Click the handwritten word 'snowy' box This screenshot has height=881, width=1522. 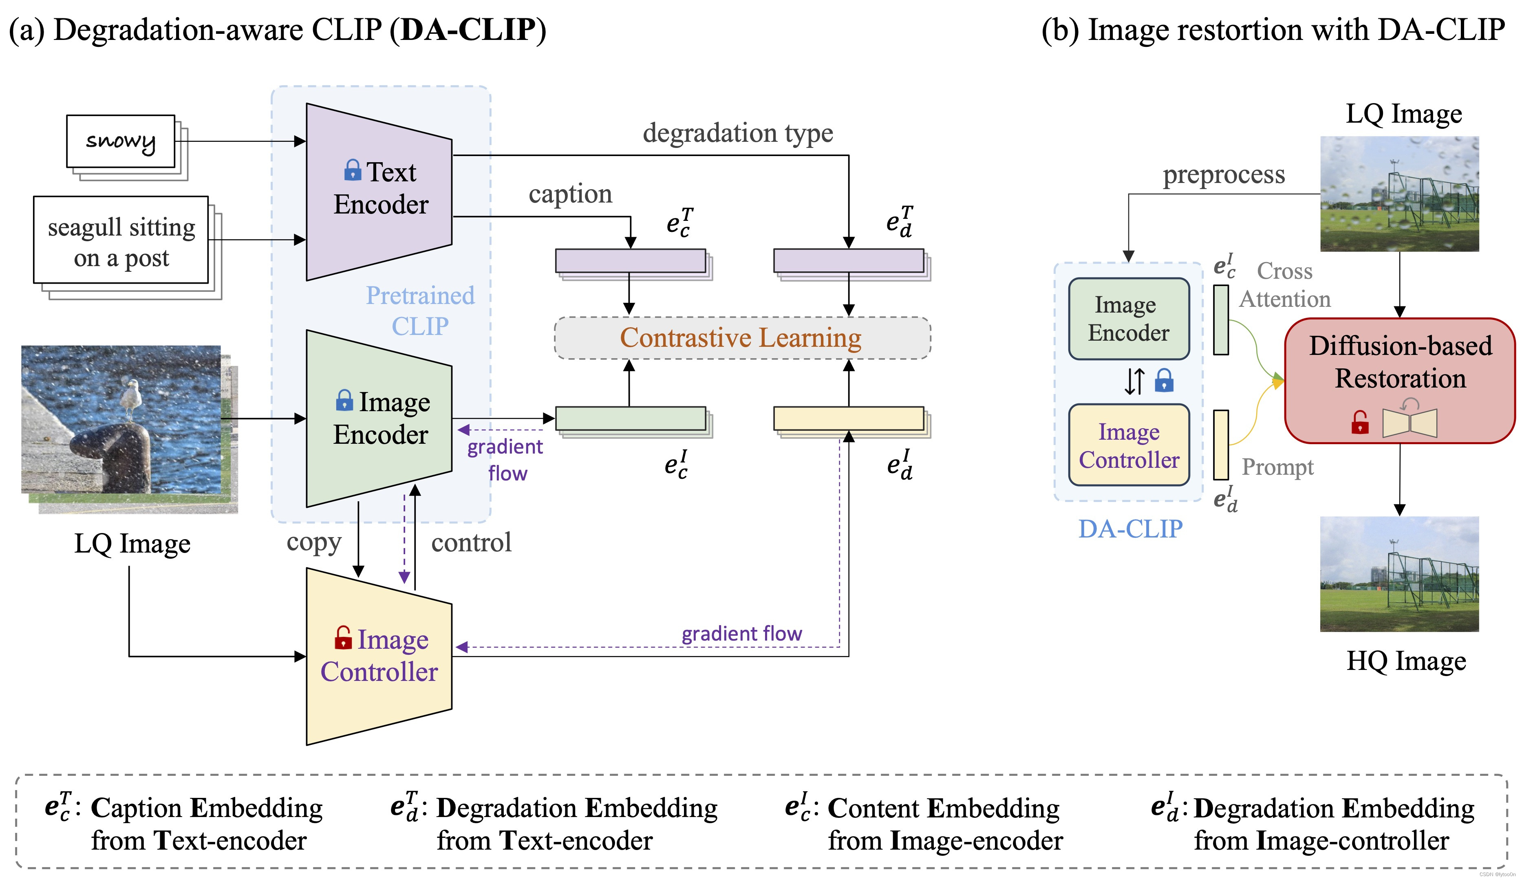click(x=121, y=141)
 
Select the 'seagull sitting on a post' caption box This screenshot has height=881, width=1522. click(x=121, y=240)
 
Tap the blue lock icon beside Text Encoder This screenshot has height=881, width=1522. click(x=353, y=170)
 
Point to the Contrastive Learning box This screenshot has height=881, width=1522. click(x=742, y=337)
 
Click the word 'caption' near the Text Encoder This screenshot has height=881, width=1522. click(x=570, y=194)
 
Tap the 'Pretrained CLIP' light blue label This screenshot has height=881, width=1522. click(x=420, y=311)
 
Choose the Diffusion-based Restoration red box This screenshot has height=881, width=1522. click(x=1399, y=381)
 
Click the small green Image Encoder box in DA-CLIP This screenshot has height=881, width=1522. click(x=1129, y=319)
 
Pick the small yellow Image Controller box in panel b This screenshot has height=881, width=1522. click(x=1129, y=445)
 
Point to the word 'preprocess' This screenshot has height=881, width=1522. click(x=1224, y=175)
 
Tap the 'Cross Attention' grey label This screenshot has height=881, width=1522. click(x=1285, y=285)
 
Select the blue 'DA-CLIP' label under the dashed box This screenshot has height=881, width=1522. click(x=1130, y=529)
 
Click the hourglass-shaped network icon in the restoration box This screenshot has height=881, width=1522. click(x=1410, y=423)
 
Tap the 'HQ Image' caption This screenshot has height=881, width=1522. click(x=1406, y=661)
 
